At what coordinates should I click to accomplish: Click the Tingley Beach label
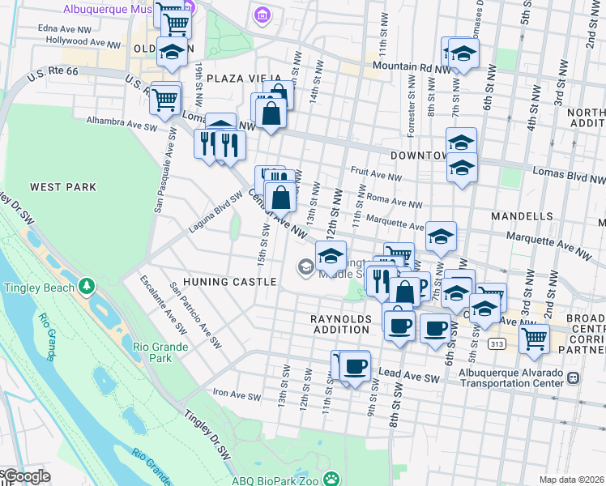coord(39,287)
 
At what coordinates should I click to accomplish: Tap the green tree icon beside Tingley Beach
coord(85,287)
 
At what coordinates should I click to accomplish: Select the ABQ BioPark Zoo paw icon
coord(330,480)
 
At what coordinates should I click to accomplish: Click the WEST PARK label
coord(63,187)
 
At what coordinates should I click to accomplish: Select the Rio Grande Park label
coord(160,352)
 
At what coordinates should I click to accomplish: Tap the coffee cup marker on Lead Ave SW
coord(354,365)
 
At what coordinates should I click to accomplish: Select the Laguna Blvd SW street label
coord(214,211)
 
